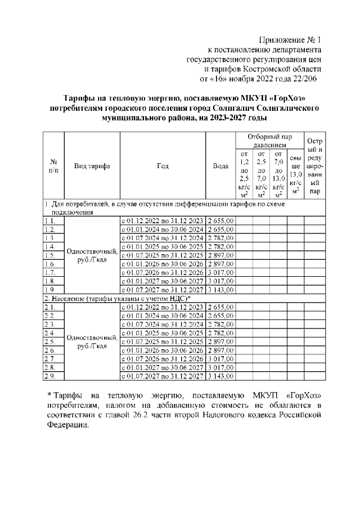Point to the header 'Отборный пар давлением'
tap(269, 141)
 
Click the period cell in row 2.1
tap(163, 307)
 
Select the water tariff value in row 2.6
tap(221, 350)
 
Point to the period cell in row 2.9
tap(163, 376)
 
